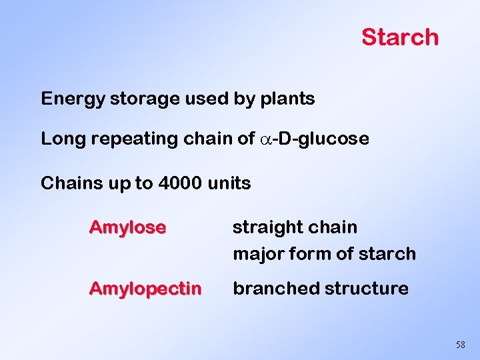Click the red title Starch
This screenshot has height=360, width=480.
pyautogui.click(x=400, y=37)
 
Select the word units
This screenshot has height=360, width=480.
pyautogui.click(x=230, y=183)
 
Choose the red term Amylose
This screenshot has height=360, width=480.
pyautogui.click(x=127, y=227)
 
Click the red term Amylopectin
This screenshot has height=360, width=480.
pyautogui.click(x=145, y=289)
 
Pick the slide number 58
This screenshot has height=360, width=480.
pyautogui.click(x=460, y=345)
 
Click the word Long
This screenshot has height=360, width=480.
pyautogui.click(x=58, y=139)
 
